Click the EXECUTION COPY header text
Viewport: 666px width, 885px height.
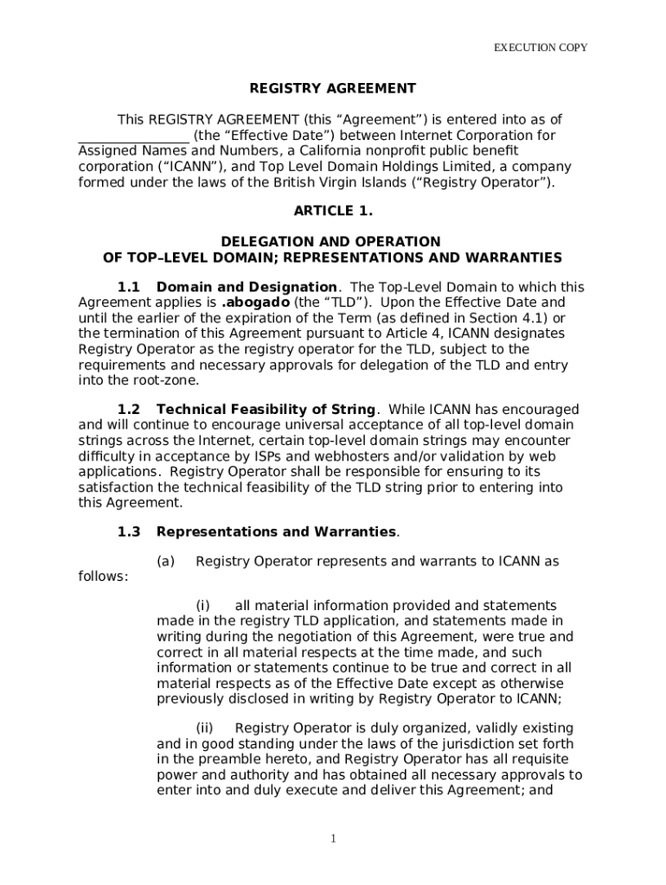pos(541,48)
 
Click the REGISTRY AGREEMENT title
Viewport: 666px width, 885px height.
pos(333,88)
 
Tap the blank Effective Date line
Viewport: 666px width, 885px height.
pos(133,137)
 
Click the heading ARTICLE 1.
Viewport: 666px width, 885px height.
pos(333,211)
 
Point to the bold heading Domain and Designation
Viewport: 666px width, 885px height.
pos(247,287)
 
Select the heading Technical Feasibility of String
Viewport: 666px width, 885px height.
pos(266,410)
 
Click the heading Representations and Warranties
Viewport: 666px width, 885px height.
pos(276,532)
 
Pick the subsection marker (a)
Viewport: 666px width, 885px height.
pos(166,562)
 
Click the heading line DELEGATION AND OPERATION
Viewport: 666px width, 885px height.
pos(333,242)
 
